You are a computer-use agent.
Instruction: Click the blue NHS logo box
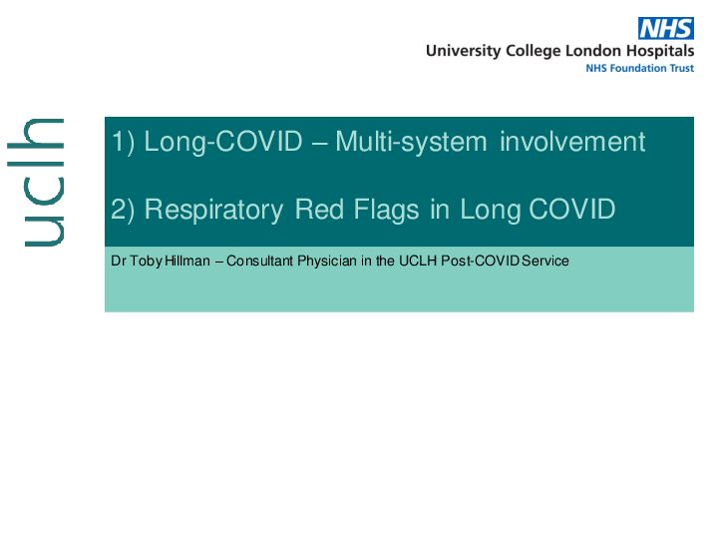pyautogui.click(x=666, y=28)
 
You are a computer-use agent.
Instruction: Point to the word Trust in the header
pyautogui.click(x=682, y=68)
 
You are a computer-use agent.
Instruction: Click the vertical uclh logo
pyautogui.click(x=36, y=183)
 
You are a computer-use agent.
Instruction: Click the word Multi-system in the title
pyautogui.click(x=411, y=142)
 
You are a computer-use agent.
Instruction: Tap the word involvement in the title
pyautogui.click(x=572, y=141)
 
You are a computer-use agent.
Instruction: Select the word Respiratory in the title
pyautogui.click(x=213, y=211)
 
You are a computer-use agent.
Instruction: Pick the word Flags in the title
pyautogui.click(x=387, y=211)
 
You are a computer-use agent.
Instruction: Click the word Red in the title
pyautogui.click(x=319, y=210)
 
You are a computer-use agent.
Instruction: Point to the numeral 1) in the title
pyautogui.click(x=124, y=142)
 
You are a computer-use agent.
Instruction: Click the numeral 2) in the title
pyautogui.click(x=123, y=210)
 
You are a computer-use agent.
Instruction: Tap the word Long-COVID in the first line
pyautogui.click(x=223, y=142)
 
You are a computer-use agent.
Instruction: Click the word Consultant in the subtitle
pyautogui.click(x=259, y=261)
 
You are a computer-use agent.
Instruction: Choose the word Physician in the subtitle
pyautogui.click(x=327, y=262)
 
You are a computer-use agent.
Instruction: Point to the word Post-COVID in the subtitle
pyautogui.click(x=480, y=261)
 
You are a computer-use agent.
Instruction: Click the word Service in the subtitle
pyautogui.click(x=545, y=261)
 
